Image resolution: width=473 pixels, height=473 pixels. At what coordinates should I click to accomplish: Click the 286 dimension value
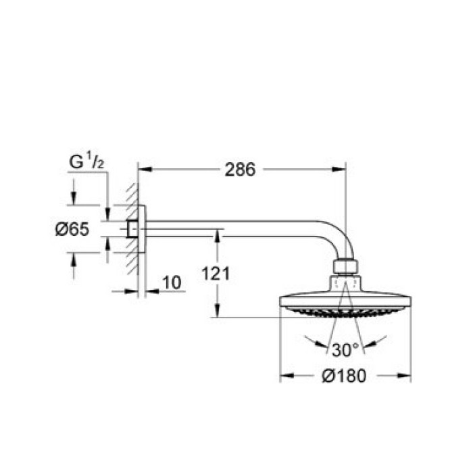[x=240, y=170]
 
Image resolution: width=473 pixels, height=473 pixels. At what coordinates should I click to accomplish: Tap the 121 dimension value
[x=216, y=274]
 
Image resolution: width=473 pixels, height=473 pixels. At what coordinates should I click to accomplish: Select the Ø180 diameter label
[x=344, y=376]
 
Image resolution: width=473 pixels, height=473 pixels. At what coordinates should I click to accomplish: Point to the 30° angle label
[x=345, y=350]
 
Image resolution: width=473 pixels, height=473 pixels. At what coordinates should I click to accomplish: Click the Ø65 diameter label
[x=72, y=229]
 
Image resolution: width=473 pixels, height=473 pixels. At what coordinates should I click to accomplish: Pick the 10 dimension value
[x=172, y=282]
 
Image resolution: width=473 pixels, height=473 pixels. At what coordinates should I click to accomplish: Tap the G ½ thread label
[x=86, y=161]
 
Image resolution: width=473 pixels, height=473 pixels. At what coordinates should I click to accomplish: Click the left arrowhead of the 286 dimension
[x=145, y=169]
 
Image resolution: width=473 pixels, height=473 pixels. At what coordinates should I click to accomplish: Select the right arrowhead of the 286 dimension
[x=339, y=169]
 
